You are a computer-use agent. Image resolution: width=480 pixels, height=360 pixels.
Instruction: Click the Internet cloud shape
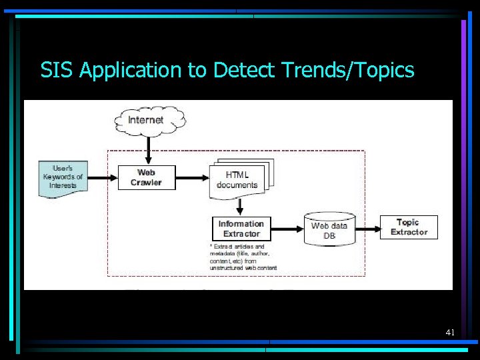[148, 120]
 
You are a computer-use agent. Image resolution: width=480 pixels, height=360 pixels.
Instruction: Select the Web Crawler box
[146, 177]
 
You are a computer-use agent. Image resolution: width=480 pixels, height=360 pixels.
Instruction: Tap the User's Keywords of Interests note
[63, 177]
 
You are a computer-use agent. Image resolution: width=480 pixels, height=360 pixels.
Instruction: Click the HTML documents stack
[238, 179]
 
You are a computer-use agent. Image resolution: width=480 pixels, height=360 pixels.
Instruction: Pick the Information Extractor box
[241, 229]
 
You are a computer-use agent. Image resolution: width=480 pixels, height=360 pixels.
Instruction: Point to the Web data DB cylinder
[329, 229]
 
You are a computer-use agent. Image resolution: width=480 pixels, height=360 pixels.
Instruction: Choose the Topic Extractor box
[409, 227]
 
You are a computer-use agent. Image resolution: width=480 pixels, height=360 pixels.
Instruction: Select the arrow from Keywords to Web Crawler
[102, 177]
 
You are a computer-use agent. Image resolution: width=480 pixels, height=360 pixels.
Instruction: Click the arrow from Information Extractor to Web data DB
[287, 229]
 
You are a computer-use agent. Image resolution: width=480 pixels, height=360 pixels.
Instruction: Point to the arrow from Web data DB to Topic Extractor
[367, 227]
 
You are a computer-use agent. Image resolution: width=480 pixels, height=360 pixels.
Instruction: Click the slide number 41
[450, 332]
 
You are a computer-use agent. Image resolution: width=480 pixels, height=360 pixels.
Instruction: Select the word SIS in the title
[57, 70]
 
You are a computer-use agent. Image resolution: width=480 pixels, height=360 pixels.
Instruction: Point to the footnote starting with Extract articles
[243, 257]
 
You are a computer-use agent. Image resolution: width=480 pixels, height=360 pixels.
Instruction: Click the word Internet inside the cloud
[145, 120]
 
